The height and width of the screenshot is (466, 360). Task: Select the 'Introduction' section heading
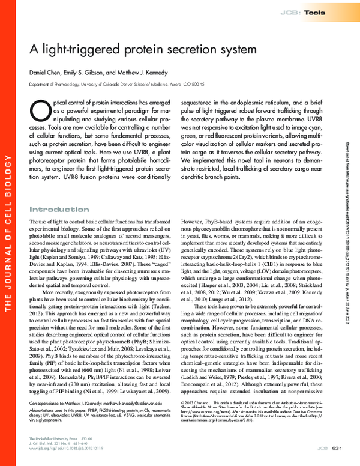59,210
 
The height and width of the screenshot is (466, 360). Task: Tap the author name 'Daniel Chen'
46,73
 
